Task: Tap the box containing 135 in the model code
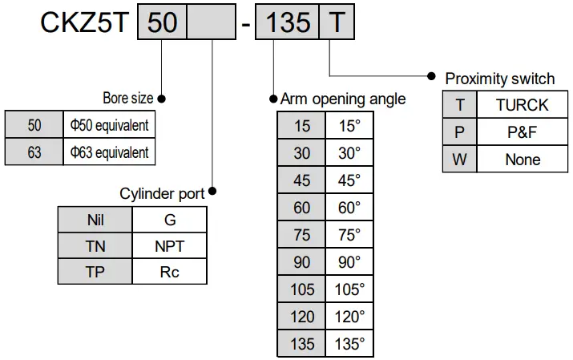[x=288, y=22]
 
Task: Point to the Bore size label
[x=127, y=99]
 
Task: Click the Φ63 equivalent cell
[x=109, y=152]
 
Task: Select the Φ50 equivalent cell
[x=109, y=126]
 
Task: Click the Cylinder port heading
[x=162, y=193]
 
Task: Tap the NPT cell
[x=169, y=246]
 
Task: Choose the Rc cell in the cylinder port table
[x=169, y=272]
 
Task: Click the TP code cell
[x=95, y=272]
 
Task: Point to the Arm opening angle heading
[x=342, y=99]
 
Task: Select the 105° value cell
[x=349, y=289]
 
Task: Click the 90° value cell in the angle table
[x=349, y=262]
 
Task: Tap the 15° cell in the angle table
[x=349, y=127]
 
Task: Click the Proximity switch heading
[x=499, y=79]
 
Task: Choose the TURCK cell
[x=522, y=105]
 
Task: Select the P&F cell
[x=522, y=132]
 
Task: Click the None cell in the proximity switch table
[x=522, y=160]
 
